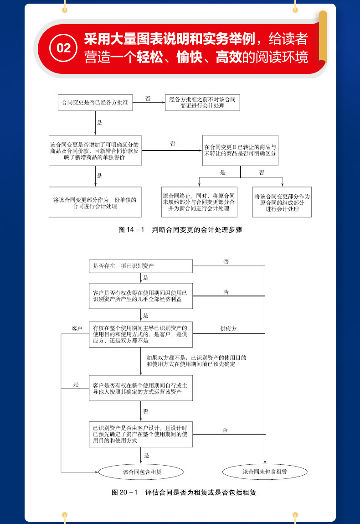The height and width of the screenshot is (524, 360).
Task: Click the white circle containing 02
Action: [x=64, y=47]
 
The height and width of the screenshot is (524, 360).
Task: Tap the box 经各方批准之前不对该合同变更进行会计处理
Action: [x=202, y=103]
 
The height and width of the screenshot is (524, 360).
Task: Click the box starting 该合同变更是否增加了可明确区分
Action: [x=95, y=150]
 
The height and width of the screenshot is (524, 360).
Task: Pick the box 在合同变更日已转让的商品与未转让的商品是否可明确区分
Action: [x=240, y=151]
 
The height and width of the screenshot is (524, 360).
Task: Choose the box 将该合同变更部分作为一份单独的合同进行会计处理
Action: [x=95, y=202]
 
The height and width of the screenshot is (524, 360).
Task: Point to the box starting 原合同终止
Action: [x=199, y=202]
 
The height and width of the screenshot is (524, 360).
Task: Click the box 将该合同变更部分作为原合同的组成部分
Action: [x=282, y=202]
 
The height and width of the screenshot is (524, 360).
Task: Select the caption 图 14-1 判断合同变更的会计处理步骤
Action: [x=180, y=230]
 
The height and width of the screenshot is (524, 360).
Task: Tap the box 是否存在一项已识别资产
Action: [x=141, y=266]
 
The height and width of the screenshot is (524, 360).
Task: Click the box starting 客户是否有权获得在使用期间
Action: [x=141, y=296]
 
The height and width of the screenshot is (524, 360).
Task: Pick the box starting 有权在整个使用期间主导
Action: [x=141, y=334]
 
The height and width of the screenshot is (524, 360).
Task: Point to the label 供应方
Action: [x=228, y=328]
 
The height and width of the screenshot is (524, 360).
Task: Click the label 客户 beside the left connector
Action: [x=77, y=328]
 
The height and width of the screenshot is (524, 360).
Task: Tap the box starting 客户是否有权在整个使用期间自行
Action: [x=141, y=389]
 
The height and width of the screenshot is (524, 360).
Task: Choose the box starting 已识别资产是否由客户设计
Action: [x=141, y=434]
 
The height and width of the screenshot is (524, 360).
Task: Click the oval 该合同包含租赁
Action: [x=141, y=472]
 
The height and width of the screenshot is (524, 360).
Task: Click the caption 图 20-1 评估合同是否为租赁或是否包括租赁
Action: [x=180, y=493]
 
